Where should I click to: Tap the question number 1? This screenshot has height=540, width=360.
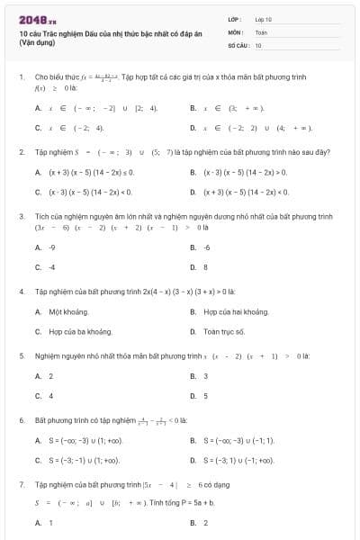point(21,78)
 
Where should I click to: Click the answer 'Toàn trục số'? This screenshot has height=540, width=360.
point(224,331)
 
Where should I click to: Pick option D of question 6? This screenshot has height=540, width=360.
point(239,461)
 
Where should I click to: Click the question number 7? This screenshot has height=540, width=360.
point(21,484)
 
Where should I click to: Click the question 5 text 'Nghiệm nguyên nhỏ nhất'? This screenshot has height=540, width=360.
point(81,356)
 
